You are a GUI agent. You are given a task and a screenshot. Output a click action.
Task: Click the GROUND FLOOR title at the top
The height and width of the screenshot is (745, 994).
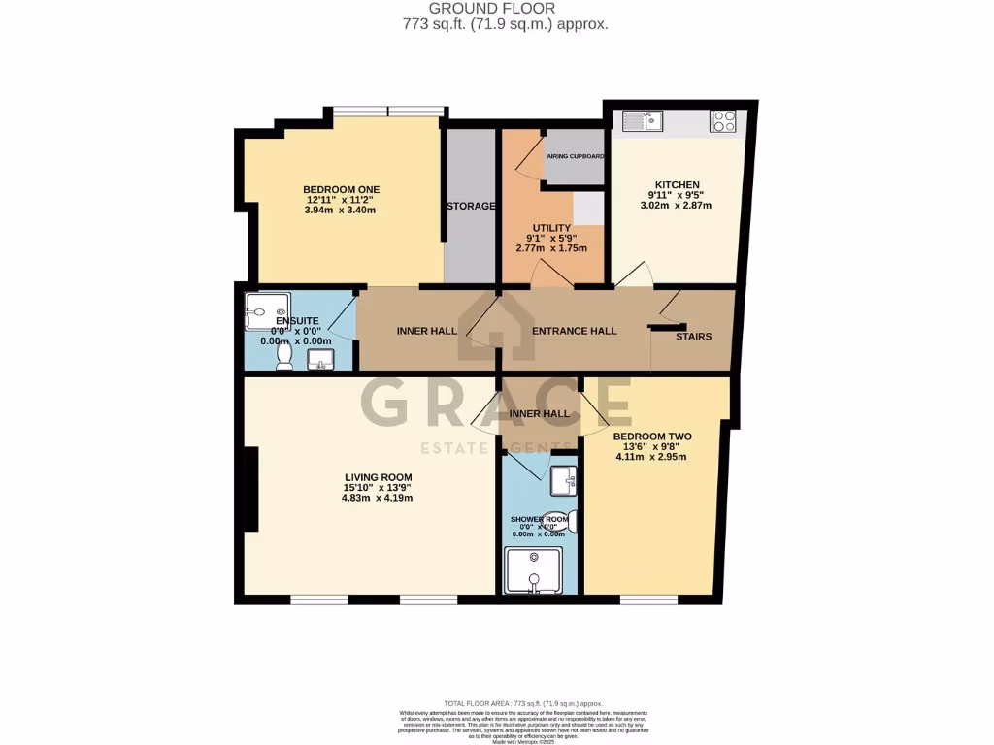[x=506, y=9]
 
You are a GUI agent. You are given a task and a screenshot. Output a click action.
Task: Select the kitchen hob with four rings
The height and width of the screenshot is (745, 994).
[x=724, y=120]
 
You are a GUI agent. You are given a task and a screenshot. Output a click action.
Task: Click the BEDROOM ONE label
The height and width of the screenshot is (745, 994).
[x=341, y=189]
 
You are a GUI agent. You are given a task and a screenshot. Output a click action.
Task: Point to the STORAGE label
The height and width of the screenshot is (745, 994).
[x=472, y=206]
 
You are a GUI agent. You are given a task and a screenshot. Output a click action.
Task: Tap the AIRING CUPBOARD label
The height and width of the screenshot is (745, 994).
[x=576, y=156]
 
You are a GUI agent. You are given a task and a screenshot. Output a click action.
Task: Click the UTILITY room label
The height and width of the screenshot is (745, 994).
[x=550, y=228]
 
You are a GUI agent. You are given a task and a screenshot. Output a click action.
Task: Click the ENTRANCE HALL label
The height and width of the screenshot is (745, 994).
[x=574, y=331]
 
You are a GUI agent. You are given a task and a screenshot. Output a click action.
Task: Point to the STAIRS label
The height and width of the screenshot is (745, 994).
[x=693, y=337]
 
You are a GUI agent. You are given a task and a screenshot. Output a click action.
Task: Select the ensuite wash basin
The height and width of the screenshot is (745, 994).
[x=320, y=361]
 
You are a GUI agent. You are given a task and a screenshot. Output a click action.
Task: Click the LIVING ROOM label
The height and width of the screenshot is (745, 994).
[x=378, y=477]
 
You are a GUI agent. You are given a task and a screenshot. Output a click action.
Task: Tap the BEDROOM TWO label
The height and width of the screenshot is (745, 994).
[x=650, y=437]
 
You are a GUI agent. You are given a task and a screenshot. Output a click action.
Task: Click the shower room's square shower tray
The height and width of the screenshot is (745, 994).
[x=533, y=571]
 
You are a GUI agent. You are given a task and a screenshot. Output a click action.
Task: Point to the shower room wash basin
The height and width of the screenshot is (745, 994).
[x=564, y=479]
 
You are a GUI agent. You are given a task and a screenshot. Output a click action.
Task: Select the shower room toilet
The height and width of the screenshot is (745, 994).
[x=560, y=522]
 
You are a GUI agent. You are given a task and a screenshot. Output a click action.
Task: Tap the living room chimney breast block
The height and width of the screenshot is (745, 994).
[x=251, y=490]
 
